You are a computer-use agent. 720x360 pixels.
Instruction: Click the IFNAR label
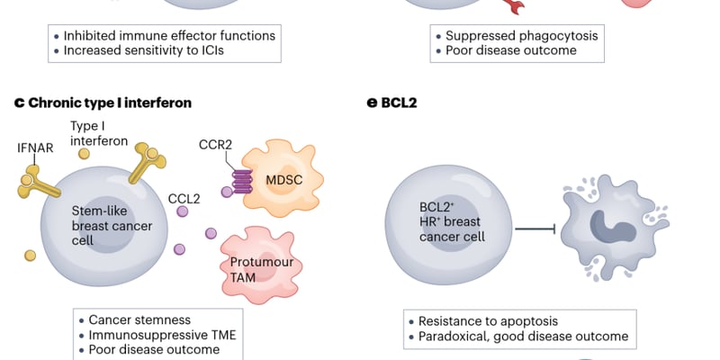(x=35, y=148)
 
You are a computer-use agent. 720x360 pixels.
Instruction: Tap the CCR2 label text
(x=215, y=145)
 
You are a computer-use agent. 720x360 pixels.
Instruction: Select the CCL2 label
(x=184, y=199)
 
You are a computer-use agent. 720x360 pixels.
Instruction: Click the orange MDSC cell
(x=283, y=178)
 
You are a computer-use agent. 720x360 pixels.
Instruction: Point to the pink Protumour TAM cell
(x=261, y=265)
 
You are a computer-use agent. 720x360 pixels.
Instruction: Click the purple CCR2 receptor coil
(x=242, y=182)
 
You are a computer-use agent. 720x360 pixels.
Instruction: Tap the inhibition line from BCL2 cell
(x=535, y=229)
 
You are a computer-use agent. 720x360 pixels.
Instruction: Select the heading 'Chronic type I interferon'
(x=110, y=103)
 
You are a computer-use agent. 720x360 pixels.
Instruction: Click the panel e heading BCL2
(x=399, y=103)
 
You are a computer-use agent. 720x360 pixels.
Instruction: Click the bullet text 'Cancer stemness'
(x=139, y=319)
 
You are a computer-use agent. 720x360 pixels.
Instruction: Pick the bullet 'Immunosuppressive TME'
(x=162, y=335)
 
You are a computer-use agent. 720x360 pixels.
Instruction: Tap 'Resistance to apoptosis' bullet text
(x=488, y=321)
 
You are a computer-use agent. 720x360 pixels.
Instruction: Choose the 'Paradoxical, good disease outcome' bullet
(x=523, y=336)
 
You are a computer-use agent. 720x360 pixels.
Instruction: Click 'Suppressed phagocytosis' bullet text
(x=522, y=35)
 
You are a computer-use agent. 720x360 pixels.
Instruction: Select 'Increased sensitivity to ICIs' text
(x=144, y=50)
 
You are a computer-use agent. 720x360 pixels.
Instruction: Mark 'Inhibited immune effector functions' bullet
(x=169, y=35)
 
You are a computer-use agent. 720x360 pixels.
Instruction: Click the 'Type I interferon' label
(x=99, y=133)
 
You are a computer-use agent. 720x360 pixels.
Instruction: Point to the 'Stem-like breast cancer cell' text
(x=112, y=226)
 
